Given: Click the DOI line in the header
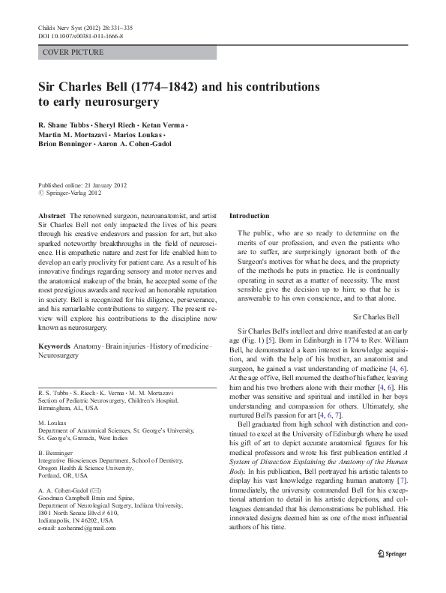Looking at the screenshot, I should [x=80, y=36].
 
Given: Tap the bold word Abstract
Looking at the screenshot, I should [x=52, y=215].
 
